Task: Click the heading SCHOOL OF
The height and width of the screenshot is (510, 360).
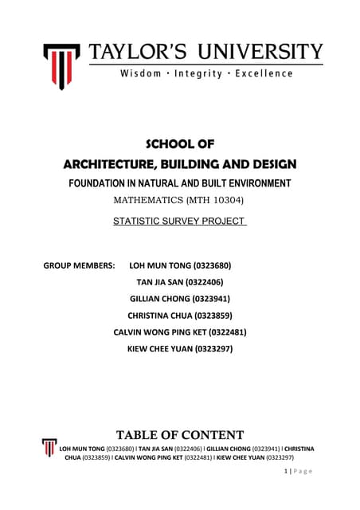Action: [x=179, y=144]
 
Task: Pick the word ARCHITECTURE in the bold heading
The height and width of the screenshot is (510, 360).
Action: [x=112, y=165]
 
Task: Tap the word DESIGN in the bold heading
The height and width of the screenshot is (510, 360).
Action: [x=267, y=165]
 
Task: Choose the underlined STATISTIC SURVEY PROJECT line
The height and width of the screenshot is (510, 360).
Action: [x=179, y=219]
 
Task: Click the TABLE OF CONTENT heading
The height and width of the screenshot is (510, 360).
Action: [x=180, y=435]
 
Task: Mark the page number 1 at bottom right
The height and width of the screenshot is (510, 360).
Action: [x=285, y=471]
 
